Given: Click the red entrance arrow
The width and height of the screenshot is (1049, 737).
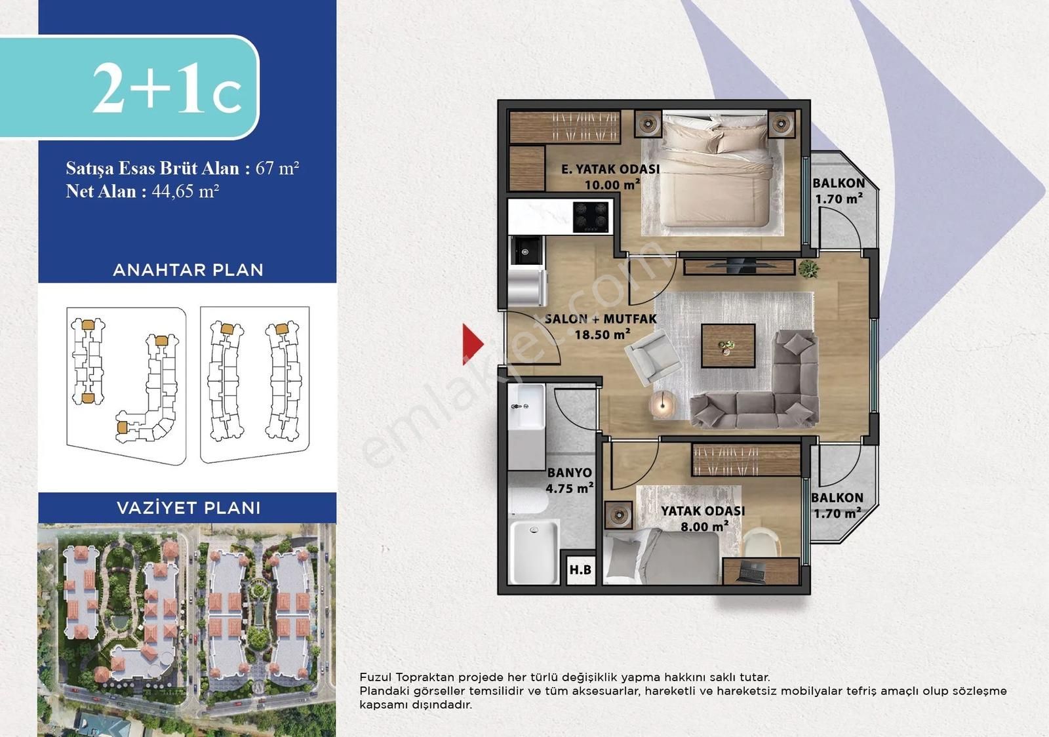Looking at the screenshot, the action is (472, 344).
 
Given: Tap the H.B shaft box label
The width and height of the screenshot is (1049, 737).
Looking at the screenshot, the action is (580, 570).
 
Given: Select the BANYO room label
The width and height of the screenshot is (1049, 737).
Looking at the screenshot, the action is (570, 473).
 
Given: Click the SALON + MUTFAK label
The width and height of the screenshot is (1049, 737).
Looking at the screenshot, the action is (601, 319).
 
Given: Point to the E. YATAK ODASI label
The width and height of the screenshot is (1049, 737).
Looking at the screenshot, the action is (610, 169).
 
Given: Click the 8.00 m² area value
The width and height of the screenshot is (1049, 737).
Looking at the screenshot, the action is (704, 526).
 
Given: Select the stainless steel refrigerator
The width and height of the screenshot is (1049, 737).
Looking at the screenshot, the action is (528, 287).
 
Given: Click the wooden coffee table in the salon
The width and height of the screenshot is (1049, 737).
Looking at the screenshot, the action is (728, 346).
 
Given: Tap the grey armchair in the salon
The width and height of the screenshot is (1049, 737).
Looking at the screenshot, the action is (652, 357).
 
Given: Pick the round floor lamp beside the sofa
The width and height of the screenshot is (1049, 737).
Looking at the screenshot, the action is (662, 404).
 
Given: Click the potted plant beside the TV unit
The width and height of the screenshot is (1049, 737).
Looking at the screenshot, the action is (809, 269).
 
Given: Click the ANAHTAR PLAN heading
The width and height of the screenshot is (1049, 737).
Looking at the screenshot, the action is (188, 269).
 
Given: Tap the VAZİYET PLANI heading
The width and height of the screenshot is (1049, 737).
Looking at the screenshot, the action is (188, 508).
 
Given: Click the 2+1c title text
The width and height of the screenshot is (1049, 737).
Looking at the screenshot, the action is (167, 88).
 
